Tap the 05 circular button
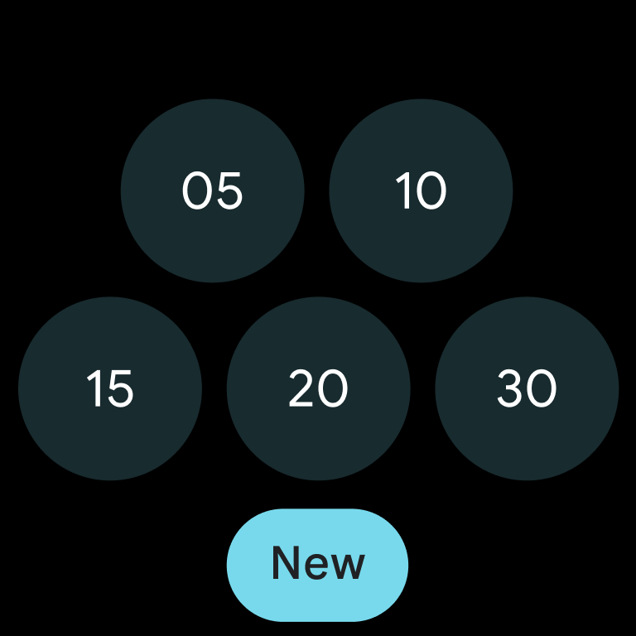[213, 190]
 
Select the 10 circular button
[421, 190]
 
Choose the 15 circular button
[110, 388]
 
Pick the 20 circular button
[318, 388]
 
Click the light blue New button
[318, 565]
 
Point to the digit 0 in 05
[196, 190]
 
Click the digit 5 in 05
[229, 191]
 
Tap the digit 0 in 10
[431, 190]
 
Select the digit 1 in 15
[94, 388]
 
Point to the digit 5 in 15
[120, 388]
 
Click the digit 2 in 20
[301, 388]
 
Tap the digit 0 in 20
[334, 388]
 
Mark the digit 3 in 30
[510, 388]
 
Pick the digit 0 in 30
[542, 388]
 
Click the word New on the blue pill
[319, 562]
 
